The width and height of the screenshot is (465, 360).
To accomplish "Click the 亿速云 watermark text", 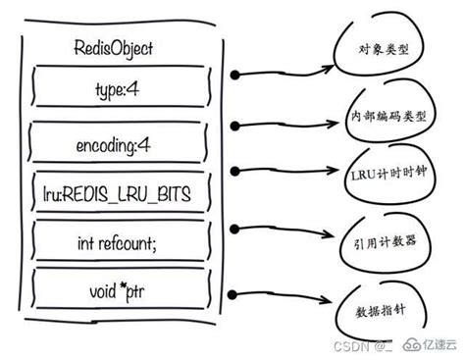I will [x=433, y=345].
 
